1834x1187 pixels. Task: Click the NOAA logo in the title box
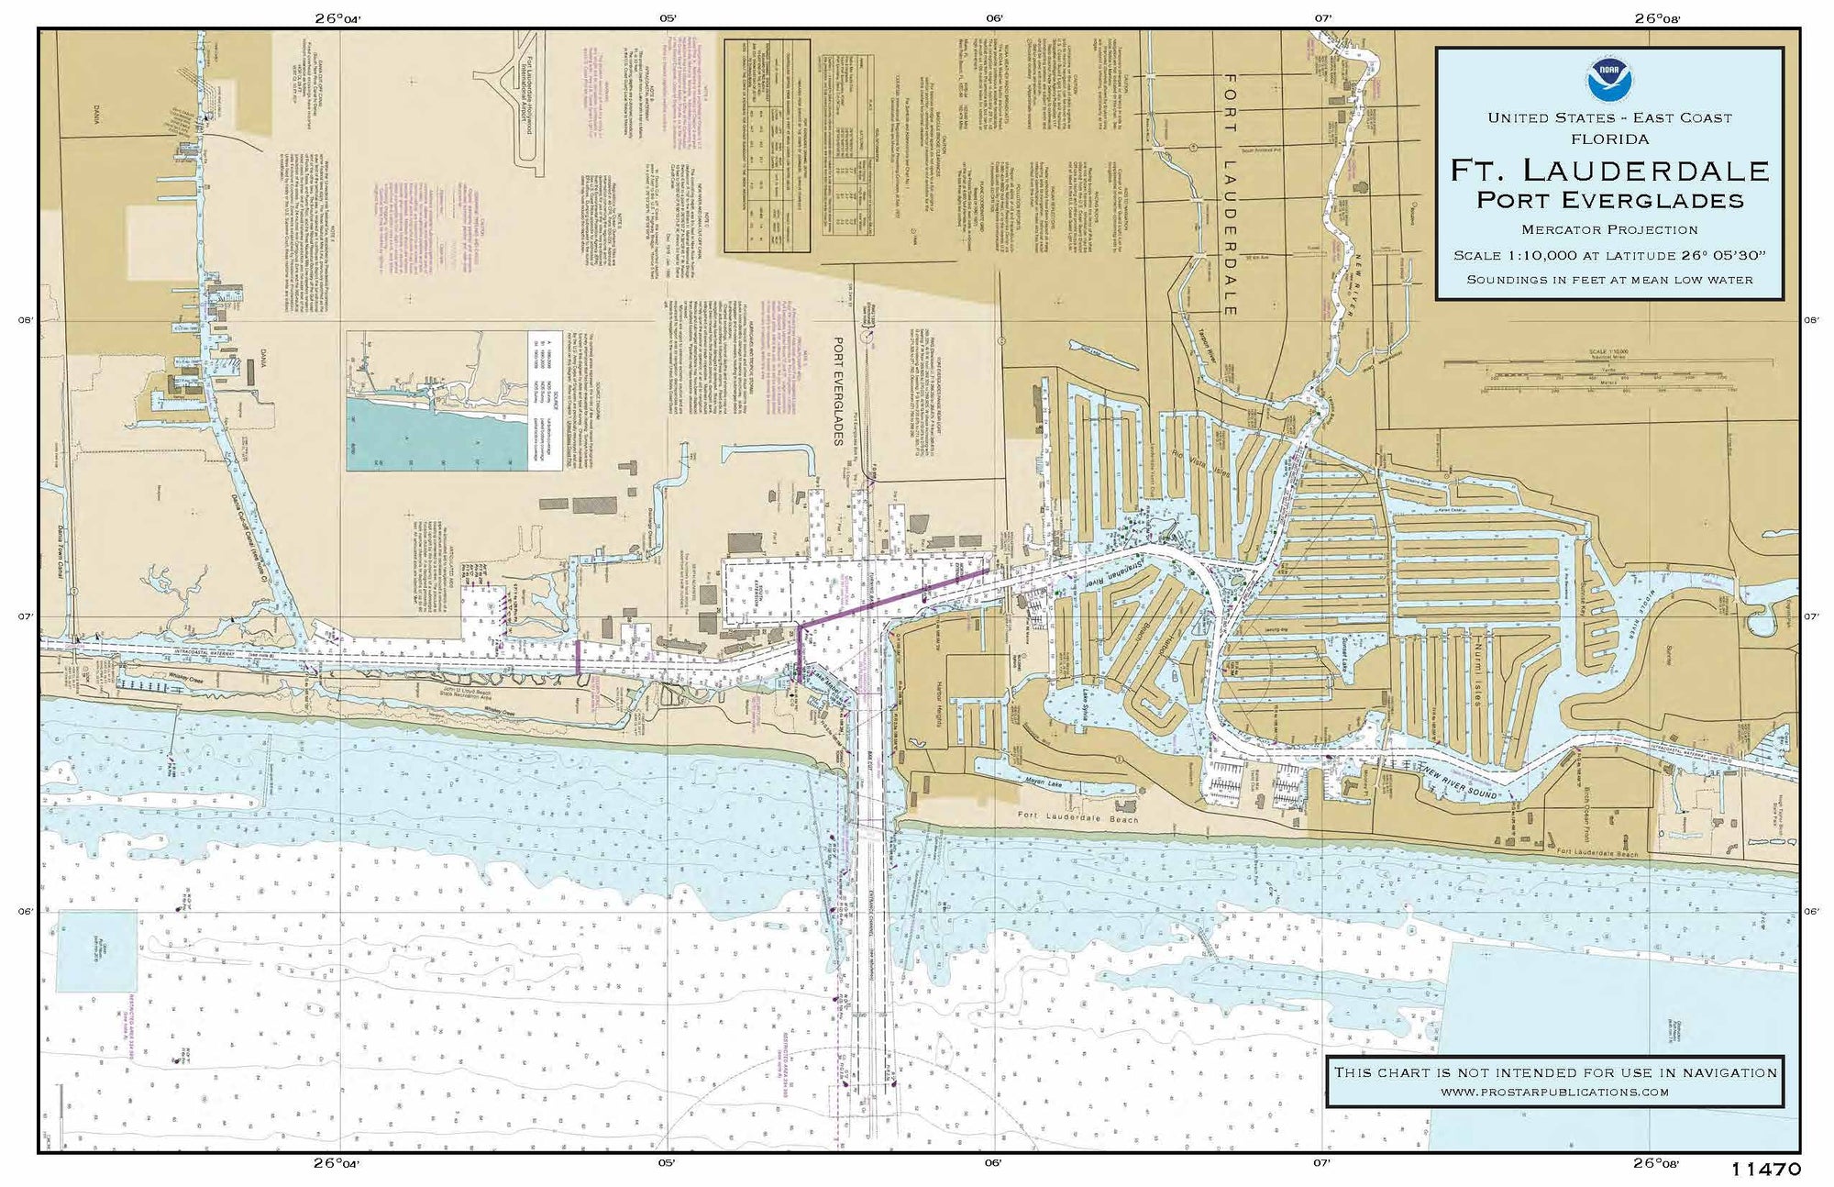(1609, 80)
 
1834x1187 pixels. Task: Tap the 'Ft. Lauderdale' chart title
(1609, 171)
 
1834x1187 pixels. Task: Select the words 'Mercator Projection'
(1609, 230)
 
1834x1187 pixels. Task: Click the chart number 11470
(1766, 1170)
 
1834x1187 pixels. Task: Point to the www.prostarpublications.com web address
(1554, 1092)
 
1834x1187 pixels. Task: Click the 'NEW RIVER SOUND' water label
(1458, 781)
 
